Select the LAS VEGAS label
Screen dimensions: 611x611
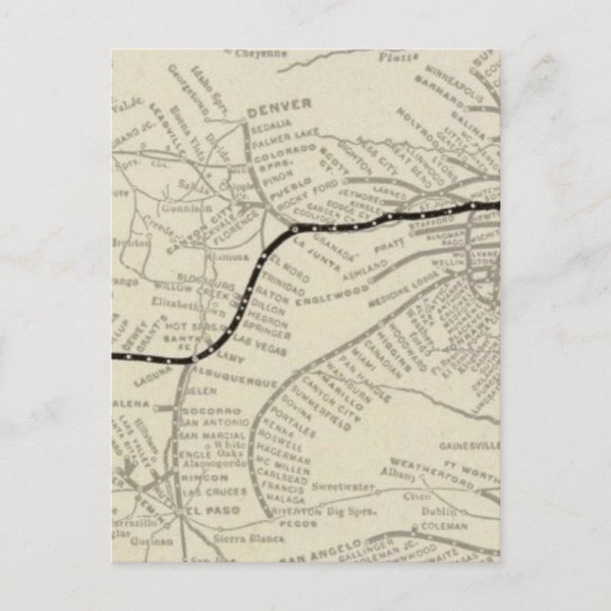265,342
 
